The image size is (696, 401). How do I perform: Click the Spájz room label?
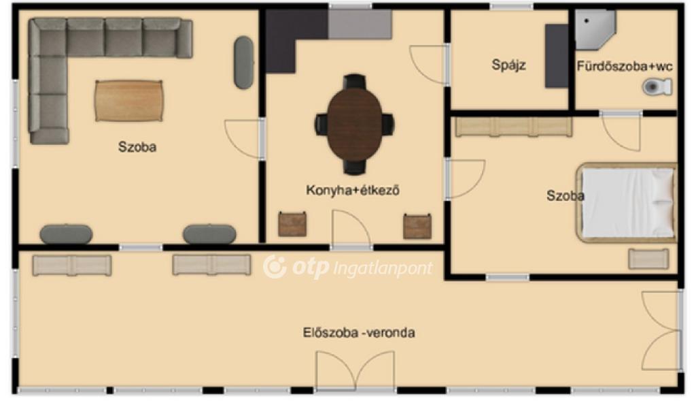tap(508, 65)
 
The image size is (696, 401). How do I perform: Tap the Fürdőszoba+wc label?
tap(625, 66)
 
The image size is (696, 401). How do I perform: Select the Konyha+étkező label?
tap(353, 190)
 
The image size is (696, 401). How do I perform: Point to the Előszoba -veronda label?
tap(359, 332)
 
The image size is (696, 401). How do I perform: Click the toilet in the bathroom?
tap(657, 86)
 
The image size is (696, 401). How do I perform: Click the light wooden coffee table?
tap(128, 101)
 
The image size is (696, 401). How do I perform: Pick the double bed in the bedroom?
tap(626, 203)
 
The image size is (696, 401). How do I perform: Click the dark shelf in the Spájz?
tap(557, 56)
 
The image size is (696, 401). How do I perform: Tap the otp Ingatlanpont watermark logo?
tap(347, 267)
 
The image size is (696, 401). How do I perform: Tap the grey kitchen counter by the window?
tap(360, 24)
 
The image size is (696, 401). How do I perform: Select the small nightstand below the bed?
tap(648, 259)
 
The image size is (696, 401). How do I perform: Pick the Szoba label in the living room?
tap(137, 146)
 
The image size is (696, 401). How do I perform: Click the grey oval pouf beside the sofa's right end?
tap(244, 62)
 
